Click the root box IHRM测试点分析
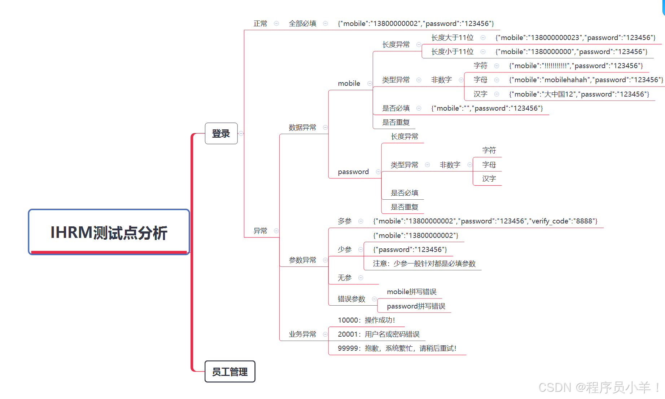(x=109, y=232)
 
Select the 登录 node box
(x=221, y=133)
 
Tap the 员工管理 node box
(x=230, y=371)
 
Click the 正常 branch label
(x=260, y=23)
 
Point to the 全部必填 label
(x=302, y=23)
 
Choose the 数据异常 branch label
(x=302, y=127)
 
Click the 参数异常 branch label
(x=302, y=260)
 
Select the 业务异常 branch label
(x=302, y=334)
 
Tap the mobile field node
(x=349, y=83)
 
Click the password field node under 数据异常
(x=353, y=172)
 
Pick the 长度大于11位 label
(x=452, y=37)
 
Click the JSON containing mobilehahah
(x=586, y=80)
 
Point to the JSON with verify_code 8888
(x=485, y=221)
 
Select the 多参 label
(x=345, y=221)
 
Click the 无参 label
(x=345, y=278)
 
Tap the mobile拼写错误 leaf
(x=411, y=292)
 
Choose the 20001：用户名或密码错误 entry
(x=379, y=334)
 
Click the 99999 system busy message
(x=397, y=348)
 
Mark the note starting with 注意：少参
(x=424, y=263)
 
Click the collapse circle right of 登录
(x=241, y=133)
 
